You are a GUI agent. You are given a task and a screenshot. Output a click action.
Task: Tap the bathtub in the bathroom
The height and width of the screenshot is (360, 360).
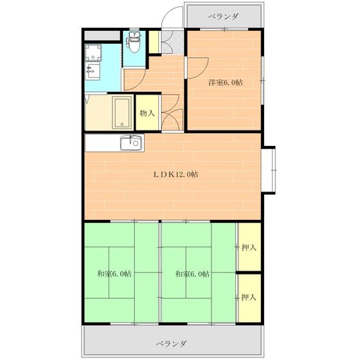pos(122,113)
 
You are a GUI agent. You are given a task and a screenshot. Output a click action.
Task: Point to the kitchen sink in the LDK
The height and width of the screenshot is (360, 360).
pos(130,143)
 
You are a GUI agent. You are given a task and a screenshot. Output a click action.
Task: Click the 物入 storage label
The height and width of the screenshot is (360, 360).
pos(147,113)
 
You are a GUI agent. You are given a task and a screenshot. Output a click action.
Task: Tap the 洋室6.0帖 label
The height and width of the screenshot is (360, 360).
pos(225,82)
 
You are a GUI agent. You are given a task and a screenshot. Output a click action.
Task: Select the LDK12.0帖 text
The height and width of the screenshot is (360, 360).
pos(175,174)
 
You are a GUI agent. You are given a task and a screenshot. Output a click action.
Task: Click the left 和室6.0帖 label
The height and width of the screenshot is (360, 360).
pos(114,273)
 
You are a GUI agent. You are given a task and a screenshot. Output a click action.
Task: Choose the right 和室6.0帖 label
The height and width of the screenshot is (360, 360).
pos(192,273)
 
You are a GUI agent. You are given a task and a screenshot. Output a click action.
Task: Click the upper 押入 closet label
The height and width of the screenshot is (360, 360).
pos(249,248)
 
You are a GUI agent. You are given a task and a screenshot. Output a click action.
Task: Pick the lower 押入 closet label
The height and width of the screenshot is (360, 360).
pos(249,297)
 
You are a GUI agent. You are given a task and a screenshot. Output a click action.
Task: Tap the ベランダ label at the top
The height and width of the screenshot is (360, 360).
pos(223,17)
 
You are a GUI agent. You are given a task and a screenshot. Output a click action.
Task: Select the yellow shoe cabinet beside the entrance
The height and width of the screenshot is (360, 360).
pos(154,40)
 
